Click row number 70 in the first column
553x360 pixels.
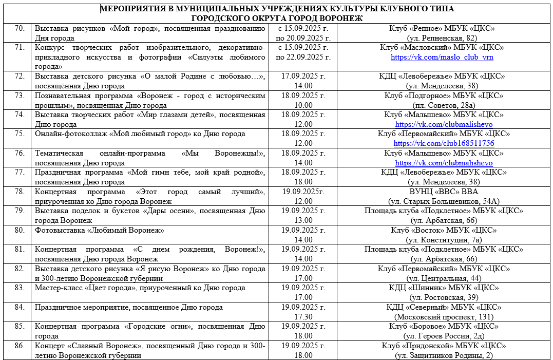pyautogui.click(x=20, y=28)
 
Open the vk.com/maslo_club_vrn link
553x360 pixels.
pyautogui.click(x=442, y=57)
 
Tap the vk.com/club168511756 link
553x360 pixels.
pyautogui.click(x=444, y=143)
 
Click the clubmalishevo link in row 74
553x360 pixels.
pyautogui.click(x=444, y=124)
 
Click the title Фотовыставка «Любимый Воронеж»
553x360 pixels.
pyautogui.click(x=99, y=230)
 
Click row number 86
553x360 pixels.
pyautogui.click(x=20, y=346)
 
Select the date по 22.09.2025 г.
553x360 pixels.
pyautogui.click(x=303, y=57)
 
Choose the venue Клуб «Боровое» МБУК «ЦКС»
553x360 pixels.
pyautogui.click(x=442, y=326)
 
